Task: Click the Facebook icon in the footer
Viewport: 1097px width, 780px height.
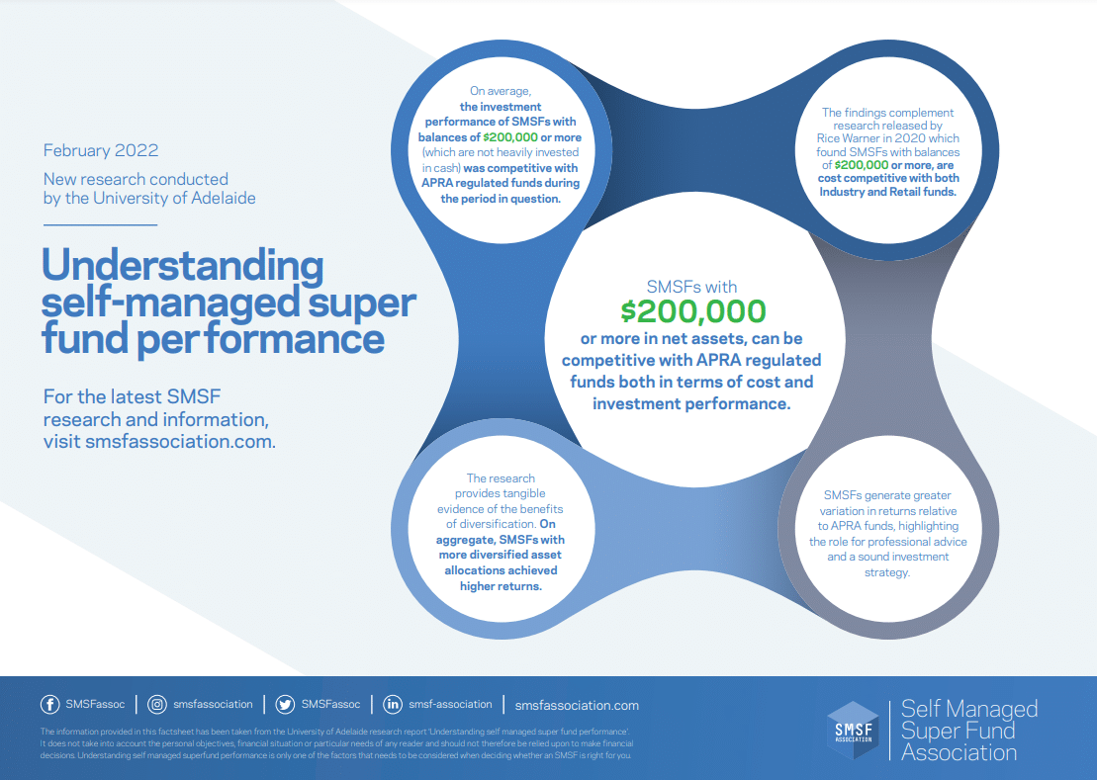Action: pyautogui.click(x=49, y=705)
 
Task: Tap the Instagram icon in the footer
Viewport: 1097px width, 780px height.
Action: pyautogui.click(x=157, y=705)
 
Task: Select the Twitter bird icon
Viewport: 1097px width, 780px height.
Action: pyautogui.click(x=285, y=705)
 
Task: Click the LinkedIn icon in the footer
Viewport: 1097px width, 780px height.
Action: pyautogui.click(x=393, y=705)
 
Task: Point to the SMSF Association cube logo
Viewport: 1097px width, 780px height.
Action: pyautogui.click(x=853, y=731)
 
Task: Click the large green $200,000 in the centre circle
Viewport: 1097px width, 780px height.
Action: pyautogui.click(x=693, y=311)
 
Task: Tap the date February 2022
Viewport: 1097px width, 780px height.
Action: pyautogui.click(x=101, y=150)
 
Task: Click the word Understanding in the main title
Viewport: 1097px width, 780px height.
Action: pyautogui.click(x=183, y=266)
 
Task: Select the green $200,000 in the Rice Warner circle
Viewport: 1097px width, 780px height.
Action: pyautogui.click(x=862, y=165)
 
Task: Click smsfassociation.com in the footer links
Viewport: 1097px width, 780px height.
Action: pyautogui.click(x=577, y=705)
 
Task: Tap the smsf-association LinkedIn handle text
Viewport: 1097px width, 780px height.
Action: pyautogui.click(x=450, y=705)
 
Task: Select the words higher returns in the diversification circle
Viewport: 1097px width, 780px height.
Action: pyautogui.click(x=501, y=586)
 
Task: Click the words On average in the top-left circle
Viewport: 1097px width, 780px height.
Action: pyautogui.click(x=500, y=91)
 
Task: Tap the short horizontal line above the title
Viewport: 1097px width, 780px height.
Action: pyautogui.click(x=100, y=225)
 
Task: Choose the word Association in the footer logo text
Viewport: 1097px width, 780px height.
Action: pyautogui.click(x=959, y=752)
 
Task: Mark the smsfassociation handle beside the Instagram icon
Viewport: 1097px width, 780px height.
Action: pyautogui.click(x=213, y=705)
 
